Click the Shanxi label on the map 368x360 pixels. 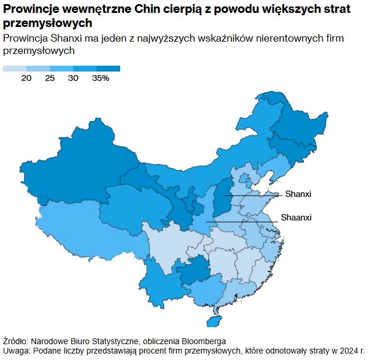click(298, 194)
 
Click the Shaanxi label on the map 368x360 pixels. click(297, 218)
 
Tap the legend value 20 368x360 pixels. click(26, 79)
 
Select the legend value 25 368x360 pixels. click(50, 79)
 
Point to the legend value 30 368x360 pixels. click(73, 79)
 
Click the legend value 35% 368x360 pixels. click(100, 79)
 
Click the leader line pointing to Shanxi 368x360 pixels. click(258, 195)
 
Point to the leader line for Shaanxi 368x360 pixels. click(246, 222)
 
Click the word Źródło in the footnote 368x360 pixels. click(16, 341)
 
